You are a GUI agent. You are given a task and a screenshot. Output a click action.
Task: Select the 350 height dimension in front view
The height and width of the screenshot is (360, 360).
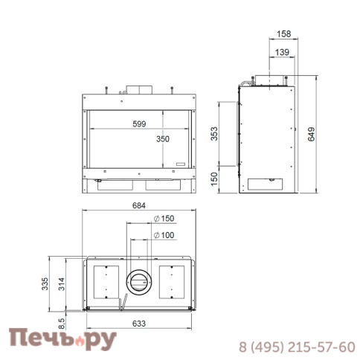click(164, 139)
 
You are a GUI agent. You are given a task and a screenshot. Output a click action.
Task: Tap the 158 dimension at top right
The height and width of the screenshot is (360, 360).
click(283, 33)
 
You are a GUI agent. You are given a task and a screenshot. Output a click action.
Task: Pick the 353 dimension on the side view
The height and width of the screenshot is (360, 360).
click(215, 134)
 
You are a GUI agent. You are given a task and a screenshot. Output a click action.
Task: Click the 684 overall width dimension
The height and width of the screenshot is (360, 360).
click(139, 205)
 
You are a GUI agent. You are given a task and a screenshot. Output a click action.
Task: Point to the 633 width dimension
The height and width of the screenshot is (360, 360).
click(139, 323)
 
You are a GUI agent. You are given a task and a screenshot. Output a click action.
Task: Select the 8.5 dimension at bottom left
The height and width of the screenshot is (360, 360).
click(62, 322)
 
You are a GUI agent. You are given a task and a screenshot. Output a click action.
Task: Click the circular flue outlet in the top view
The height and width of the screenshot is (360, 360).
click(138, 281)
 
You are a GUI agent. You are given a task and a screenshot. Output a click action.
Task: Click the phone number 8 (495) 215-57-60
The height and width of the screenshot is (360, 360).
click(296, 347)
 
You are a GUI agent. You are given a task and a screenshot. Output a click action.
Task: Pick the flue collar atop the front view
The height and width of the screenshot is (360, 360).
click(138, 89)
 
